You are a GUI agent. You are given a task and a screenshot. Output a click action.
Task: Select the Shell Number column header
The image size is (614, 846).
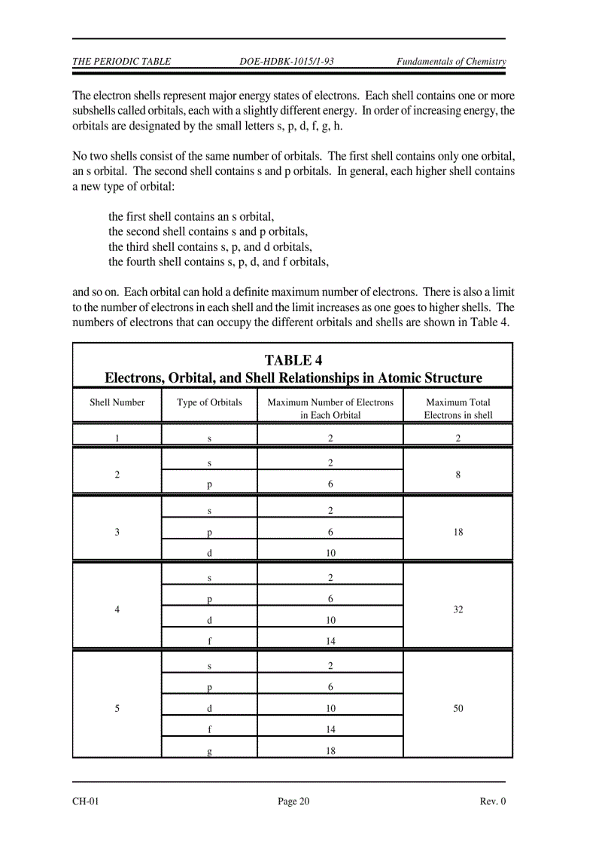117,402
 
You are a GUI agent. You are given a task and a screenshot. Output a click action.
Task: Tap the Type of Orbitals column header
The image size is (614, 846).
209,402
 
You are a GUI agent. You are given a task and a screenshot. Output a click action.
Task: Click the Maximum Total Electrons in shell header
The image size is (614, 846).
457,408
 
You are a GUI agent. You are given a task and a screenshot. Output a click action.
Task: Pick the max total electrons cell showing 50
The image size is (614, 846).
457,708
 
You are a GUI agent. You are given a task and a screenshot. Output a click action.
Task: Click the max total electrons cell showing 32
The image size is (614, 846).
457,609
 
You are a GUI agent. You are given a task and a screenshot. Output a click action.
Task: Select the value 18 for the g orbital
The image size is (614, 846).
330,750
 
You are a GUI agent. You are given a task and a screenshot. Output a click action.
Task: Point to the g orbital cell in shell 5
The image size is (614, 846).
209,751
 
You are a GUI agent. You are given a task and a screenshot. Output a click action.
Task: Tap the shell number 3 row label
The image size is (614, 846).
117,532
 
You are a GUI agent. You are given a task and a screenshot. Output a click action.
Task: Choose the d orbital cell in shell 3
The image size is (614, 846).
209,553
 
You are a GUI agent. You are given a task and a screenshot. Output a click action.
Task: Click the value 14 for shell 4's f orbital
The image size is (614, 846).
330,642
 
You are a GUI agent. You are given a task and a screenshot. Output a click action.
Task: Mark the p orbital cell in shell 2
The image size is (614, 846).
209,485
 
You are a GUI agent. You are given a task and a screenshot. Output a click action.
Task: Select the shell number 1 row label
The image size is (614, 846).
117,437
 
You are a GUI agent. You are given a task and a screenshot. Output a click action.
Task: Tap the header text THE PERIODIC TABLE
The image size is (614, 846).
121,62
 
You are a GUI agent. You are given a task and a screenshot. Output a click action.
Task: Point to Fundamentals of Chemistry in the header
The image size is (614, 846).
451,62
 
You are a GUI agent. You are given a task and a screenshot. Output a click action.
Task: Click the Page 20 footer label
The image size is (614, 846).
293,801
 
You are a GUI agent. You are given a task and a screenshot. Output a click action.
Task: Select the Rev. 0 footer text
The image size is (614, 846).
492,801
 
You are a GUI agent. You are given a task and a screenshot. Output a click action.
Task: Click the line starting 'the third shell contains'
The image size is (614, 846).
211,247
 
